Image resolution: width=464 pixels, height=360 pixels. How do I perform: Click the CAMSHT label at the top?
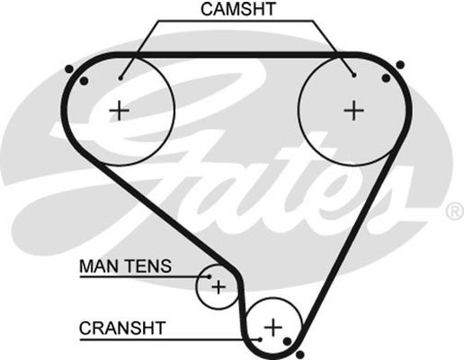[x=238, y=9]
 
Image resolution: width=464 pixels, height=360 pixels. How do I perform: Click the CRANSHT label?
[x=122, y=328]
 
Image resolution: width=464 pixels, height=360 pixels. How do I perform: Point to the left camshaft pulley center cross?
[x=120, y=111]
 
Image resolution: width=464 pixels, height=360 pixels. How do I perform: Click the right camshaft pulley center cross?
[x=354, y=111]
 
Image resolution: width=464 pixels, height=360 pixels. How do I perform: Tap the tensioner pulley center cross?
[x=219, y=287]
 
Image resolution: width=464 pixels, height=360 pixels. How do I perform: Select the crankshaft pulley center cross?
[x=273, y=327]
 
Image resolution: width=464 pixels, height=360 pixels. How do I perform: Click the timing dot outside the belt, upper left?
[x=69, y=69]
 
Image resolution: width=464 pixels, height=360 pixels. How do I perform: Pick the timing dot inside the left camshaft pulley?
[x=85, y=81]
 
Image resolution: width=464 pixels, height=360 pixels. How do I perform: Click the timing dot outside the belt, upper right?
[x=400, y=65]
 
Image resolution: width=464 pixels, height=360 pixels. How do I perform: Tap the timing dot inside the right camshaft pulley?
[x=387, y=78]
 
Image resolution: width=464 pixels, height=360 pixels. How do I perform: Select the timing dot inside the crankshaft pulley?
[x=287, y=341]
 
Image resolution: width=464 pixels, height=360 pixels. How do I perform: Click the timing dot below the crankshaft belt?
[x=300, y=355]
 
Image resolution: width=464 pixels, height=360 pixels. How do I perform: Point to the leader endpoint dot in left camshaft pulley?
[x=120, y=78]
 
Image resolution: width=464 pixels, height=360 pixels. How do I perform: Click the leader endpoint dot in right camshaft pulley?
[x=354, y=75]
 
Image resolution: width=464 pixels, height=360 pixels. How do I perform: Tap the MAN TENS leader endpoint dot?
[x=210, y=276]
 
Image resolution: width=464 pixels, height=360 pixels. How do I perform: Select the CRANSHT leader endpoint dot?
[x=260, y=339]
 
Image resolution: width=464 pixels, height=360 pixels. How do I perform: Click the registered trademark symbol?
[x=455, y=211]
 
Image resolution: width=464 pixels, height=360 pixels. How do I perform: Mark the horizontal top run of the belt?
[x=236, y=55]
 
